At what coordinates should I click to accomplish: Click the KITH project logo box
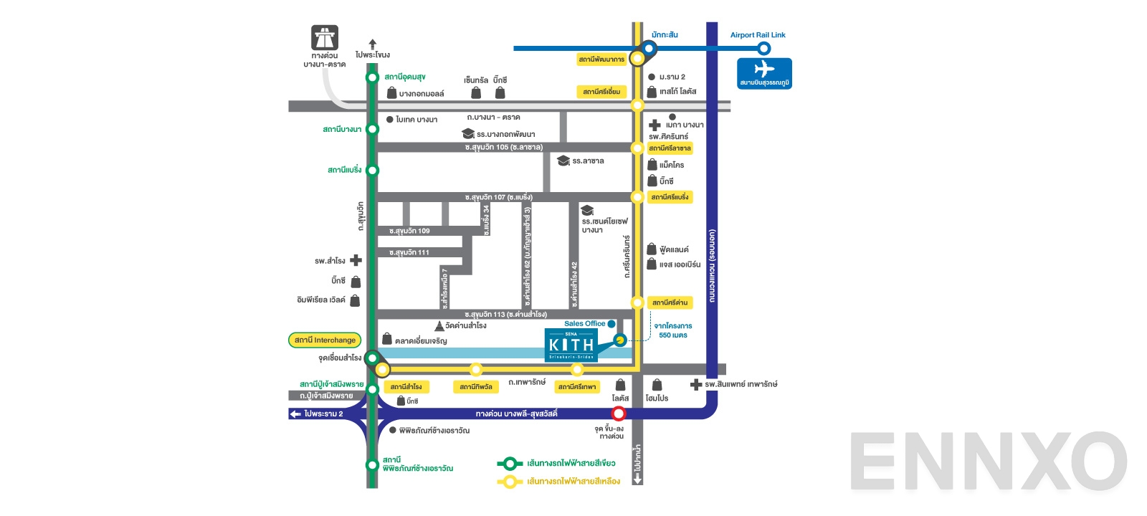tap(571, 345)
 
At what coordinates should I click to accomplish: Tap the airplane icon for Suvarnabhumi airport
tap(764, 70)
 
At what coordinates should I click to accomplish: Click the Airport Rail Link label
tap(758, 34)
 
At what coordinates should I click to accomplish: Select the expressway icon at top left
tap(324, 37)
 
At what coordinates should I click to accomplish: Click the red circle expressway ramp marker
tap(619, 414)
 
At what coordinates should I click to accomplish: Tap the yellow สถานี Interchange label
tap(325, 340)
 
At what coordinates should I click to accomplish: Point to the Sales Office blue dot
tap(611, 324)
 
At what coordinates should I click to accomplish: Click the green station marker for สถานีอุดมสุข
tap(372, 77)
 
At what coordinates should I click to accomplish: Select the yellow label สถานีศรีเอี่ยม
tap(601, 92)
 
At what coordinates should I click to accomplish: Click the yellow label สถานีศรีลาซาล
tap(670, 148)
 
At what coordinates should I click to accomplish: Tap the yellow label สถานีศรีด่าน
tap(670, 302)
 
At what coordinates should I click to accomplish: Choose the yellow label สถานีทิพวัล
tap(476, 386)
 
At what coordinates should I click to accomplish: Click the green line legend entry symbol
tap(510, 464)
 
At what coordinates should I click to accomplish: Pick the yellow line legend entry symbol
tap(510, 482)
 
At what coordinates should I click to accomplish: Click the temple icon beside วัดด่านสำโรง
tap(439, 326)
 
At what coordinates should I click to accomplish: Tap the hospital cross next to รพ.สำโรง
tap(356, 261)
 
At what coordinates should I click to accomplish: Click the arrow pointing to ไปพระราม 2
tap(295, 414)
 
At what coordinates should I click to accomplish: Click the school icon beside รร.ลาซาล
tap(563, 161)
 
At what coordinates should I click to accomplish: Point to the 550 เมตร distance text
tap(672, 335)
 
